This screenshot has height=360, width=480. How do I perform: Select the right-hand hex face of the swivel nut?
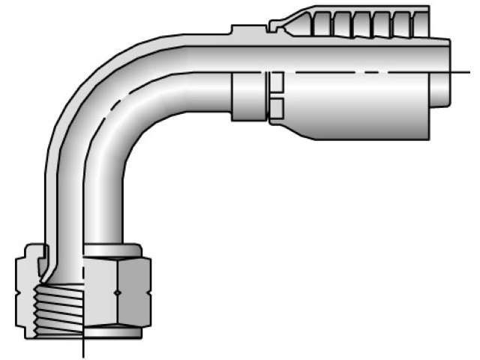tap(135, 292)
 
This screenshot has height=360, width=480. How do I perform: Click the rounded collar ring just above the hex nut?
tap(112, 250)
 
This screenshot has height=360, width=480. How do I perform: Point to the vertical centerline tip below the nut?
tap(82, 352)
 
